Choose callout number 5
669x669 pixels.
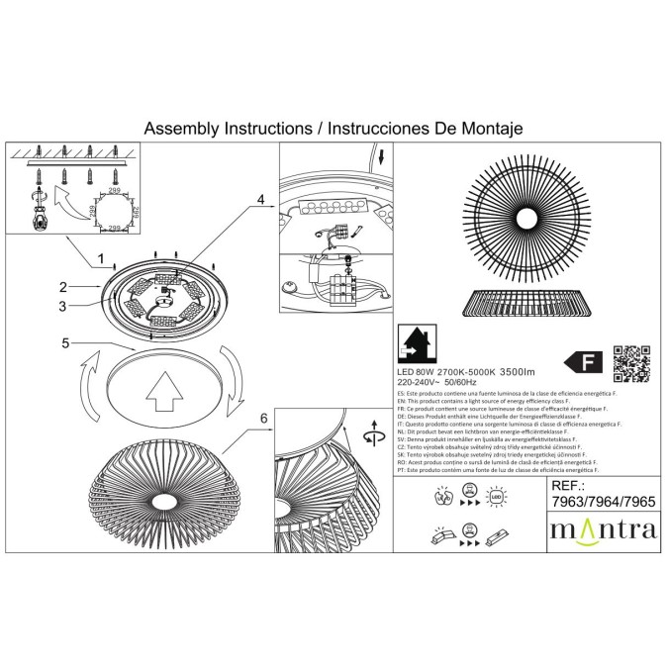[64, 344]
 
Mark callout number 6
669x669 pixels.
[263, 419]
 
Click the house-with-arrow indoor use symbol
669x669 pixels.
[416, 343]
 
